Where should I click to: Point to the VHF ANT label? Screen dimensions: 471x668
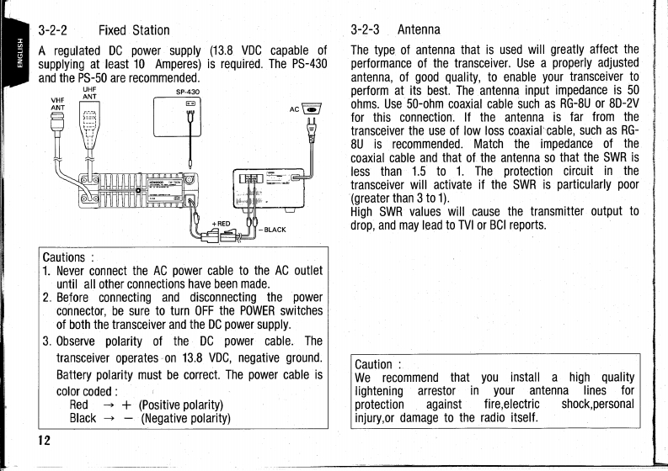click(x=58, y=102)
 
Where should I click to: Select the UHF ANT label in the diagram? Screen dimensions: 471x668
click(x=89, y=93)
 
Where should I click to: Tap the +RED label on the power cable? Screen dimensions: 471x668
click(x=221, y=222)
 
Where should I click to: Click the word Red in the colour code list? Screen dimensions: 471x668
click(x=79, y=405)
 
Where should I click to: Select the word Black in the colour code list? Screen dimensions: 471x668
click(x=83, y=418)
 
